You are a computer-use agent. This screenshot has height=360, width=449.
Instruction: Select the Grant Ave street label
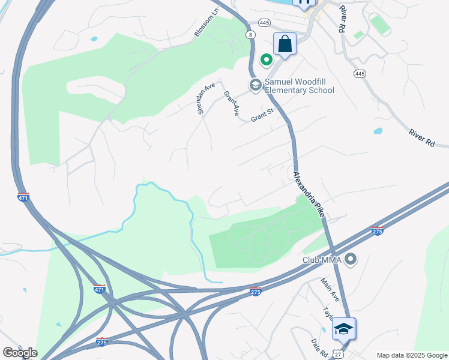click(232, 103)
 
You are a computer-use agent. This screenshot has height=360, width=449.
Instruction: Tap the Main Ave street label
click(330, 290)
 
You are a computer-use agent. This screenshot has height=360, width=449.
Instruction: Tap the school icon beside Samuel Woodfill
click(255, 86)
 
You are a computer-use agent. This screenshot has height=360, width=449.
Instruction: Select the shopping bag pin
click(285, 44)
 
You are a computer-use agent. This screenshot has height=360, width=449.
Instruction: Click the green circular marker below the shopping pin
click(266, 60)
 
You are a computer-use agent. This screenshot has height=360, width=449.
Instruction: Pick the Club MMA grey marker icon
click(351, 260)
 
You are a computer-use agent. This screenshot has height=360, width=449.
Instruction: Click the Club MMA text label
click(321, 260)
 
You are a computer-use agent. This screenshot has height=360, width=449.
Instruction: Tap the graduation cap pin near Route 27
click(343, 329)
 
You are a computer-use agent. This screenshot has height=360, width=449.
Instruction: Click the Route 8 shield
click(249, 35)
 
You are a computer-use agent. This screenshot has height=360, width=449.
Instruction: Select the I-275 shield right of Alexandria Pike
click(377, 231)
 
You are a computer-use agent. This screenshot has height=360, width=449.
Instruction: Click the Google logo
click(19, 352)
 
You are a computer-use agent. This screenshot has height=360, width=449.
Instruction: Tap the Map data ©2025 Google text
click(412, 355)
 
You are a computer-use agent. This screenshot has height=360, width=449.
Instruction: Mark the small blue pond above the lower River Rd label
click(378, 130)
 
